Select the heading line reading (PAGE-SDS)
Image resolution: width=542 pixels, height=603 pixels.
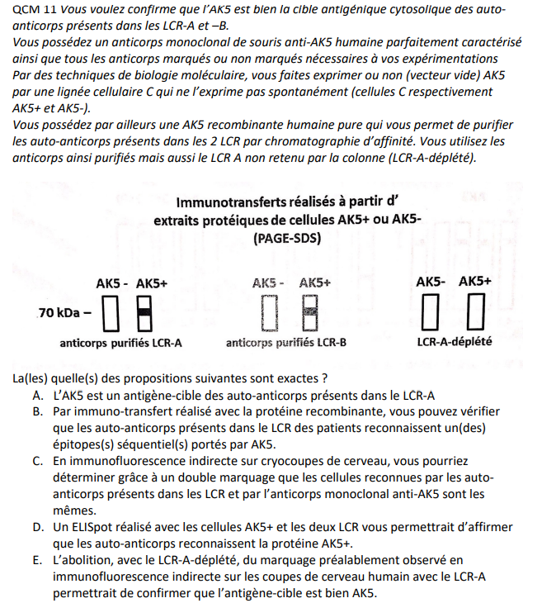coord(288,239)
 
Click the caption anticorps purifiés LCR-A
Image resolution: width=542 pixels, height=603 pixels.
coord(120,342)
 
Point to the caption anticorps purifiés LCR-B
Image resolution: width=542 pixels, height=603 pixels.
coord(285,342)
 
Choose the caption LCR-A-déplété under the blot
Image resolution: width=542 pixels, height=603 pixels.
coord(455,341)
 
